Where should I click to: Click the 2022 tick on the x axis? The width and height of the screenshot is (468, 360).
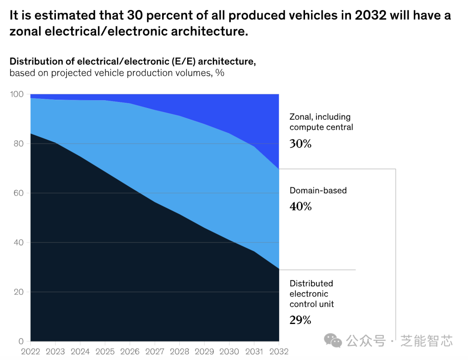(31, 351)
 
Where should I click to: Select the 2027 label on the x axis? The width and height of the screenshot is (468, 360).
(154, 351)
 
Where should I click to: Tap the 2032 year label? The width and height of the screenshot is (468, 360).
(279, 351)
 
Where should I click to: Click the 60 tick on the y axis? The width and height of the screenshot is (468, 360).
(18, 193)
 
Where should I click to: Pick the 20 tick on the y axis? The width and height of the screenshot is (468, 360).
(18, 292)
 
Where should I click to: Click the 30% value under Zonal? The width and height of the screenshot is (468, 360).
(300, 144)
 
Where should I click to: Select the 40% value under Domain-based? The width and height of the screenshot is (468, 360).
(300, 206)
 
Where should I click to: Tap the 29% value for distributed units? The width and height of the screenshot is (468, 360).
(300, 321)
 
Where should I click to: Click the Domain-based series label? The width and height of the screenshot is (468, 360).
(318, 190)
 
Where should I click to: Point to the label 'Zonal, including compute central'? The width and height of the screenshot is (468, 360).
(321, 122)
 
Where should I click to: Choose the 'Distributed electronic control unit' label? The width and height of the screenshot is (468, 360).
(312, 294)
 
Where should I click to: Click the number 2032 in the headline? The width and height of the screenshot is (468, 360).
(370, 16)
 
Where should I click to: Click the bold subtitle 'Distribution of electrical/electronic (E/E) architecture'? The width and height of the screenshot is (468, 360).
(133, 62)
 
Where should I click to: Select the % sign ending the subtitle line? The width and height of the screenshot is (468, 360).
(220, 73)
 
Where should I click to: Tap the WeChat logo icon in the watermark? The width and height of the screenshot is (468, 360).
(333, 340)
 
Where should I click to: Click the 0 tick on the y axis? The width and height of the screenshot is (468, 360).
(21, 341)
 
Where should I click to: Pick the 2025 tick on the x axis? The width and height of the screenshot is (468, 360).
(105, 351)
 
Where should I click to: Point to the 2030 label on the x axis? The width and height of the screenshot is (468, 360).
(229, 351)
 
